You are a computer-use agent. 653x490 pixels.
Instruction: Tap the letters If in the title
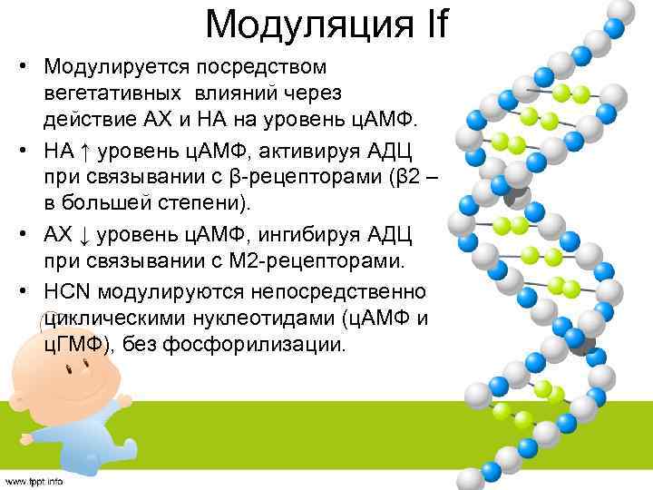tap(427, 24)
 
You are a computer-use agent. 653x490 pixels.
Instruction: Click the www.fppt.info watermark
tap(34, 481)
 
